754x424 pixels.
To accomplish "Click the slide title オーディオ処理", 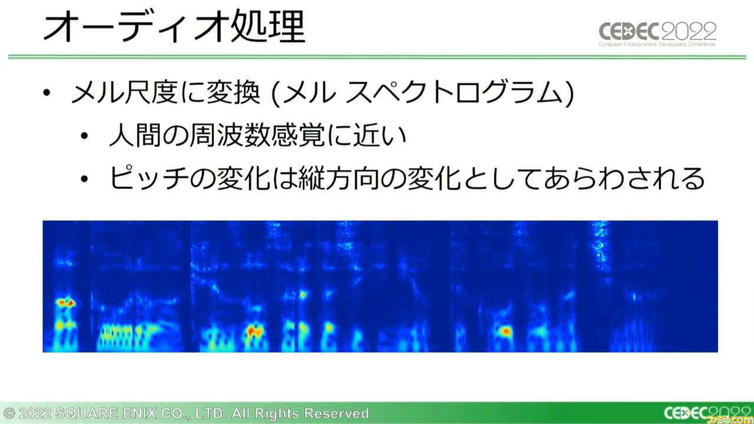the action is click(x=174, y=27).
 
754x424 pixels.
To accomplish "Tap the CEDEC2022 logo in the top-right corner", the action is click(x=657, y=34).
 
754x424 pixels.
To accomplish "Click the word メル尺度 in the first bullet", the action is click(x=124, y=93).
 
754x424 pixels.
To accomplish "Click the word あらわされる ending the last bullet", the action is click(x=625, y=178).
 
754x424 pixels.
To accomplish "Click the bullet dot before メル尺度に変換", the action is click(x=47, y=93).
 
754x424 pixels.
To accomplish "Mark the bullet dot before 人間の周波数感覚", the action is click(x=84, y=135).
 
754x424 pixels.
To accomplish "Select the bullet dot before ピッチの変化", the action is click(x=84, y=178).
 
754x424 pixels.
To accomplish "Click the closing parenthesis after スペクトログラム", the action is click(x=570, y=94).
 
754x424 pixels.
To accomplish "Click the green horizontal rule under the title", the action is click(x=377, y=57).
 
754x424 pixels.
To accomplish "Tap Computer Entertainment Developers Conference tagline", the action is click(x=657, y=44).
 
